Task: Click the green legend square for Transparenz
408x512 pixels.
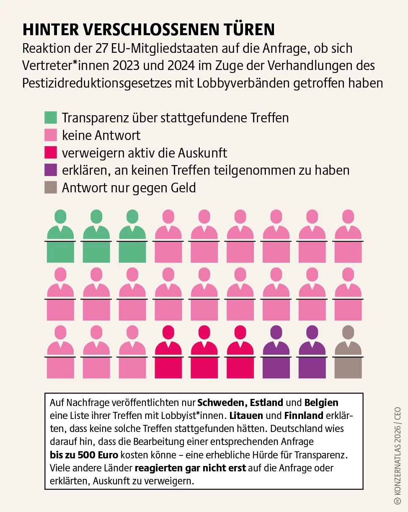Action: (51, 117)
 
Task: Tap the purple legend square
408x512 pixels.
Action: (51, 170)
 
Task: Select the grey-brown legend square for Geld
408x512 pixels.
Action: (51, 187)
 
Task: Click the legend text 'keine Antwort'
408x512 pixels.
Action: (101, 135)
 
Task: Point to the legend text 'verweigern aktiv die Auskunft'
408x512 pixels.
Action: (145, 153)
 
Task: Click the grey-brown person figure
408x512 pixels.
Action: (348, 356)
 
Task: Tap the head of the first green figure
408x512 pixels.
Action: (60, 216)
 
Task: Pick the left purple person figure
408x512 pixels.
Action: (276, 356)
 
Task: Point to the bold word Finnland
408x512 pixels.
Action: (304, 416)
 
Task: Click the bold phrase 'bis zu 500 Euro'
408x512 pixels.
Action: (84, 455)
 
